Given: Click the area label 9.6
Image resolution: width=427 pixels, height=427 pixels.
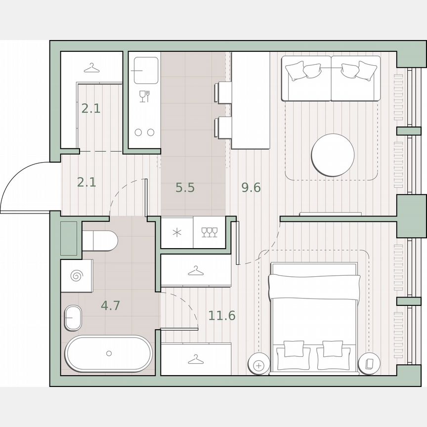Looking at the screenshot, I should (251, 188).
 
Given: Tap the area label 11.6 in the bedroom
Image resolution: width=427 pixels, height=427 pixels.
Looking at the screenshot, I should (221, 315).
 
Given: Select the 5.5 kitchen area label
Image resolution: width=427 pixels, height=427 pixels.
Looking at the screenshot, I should (185, 188).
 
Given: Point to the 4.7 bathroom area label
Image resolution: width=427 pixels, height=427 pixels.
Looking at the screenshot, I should (110, 306).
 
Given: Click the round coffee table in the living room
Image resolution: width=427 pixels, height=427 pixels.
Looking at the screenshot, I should (333, 155).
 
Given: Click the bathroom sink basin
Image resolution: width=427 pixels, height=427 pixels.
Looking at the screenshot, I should (74, 317).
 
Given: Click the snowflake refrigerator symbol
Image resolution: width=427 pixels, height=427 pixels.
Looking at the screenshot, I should (176, 232).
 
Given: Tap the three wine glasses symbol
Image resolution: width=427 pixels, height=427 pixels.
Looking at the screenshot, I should (210, 232).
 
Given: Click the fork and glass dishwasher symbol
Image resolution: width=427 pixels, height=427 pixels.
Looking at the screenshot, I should (144, 96).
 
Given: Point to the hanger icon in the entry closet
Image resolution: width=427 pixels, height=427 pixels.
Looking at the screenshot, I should (91, 67).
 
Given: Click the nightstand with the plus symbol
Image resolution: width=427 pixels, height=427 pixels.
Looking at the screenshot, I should (259, 365).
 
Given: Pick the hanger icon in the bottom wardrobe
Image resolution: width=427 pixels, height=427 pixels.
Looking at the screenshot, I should (196, 359).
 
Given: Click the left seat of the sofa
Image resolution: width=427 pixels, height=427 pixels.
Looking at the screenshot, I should (306, 78).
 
